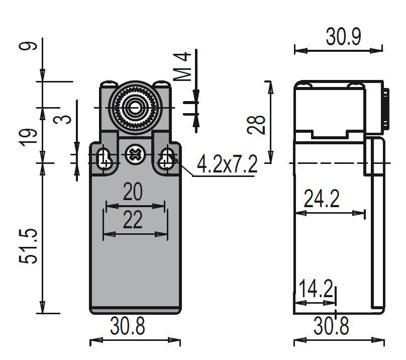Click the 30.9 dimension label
point(343,37)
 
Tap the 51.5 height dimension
point(29,246)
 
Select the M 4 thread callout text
point(182,67)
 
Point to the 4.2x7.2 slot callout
point(227,164)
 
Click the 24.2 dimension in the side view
point(321,198)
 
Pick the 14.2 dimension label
point(316,289)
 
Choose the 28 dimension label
point(256,125)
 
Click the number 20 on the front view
point(133,192)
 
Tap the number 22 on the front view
point(133,219)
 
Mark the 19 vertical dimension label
point(29,137)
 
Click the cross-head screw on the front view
point(134,154)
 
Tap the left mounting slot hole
point(105,158)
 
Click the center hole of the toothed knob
point(134,108)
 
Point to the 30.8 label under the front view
point(128,326)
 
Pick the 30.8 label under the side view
point(331,326)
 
